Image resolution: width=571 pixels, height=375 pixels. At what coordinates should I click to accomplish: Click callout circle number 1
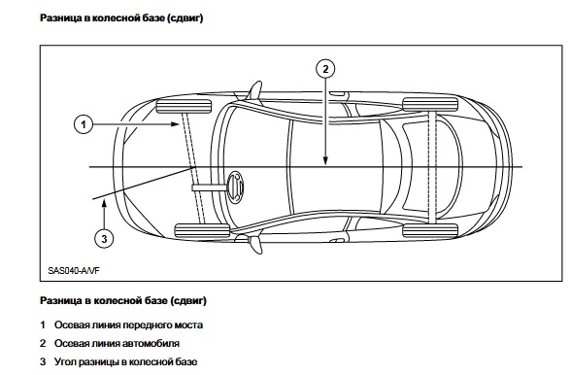pos(84,124)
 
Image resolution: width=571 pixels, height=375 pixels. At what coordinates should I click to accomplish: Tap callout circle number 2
pos(325,69)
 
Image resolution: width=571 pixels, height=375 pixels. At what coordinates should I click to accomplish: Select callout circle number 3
pos(104,239)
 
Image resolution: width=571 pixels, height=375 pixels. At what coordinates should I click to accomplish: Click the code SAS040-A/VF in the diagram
pos(74,271)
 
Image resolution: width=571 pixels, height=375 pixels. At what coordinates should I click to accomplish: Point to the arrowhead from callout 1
pos(176,124)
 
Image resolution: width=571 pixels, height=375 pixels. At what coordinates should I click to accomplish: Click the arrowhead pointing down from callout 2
pos(325,160)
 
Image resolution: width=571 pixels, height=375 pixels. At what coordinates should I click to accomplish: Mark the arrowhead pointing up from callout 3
pos(104,204)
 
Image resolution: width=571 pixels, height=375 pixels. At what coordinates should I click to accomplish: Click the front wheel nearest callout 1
pos(184,106)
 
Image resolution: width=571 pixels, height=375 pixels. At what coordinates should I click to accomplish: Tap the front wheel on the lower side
pos(202,230)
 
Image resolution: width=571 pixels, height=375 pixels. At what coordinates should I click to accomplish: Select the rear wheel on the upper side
pos(430,104)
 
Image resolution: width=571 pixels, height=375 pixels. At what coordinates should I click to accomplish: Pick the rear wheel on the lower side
pos(430,230)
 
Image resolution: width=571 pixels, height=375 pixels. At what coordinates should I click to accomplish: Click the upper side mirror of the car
pos(254,89)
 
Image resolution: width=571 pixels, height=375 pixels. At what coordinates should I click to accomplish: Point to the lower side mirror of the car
pos(255,244)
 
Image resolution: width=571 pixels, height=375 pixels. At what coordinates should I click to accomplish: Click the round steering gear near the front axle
pos(235,187)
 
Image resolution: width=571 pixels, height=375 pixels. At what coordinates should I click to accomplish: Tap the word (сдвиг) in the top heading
pos(185,17)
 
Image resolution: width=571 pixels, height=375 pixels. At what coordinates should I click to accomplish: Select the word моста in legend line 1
pos(188,325)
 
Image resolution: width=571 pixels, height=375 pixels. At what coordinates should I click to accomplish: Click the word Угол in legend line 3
pos(65,361)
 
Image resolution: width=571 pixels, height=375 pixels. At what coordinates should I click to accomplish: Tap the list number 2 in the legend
pos(43,343)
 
